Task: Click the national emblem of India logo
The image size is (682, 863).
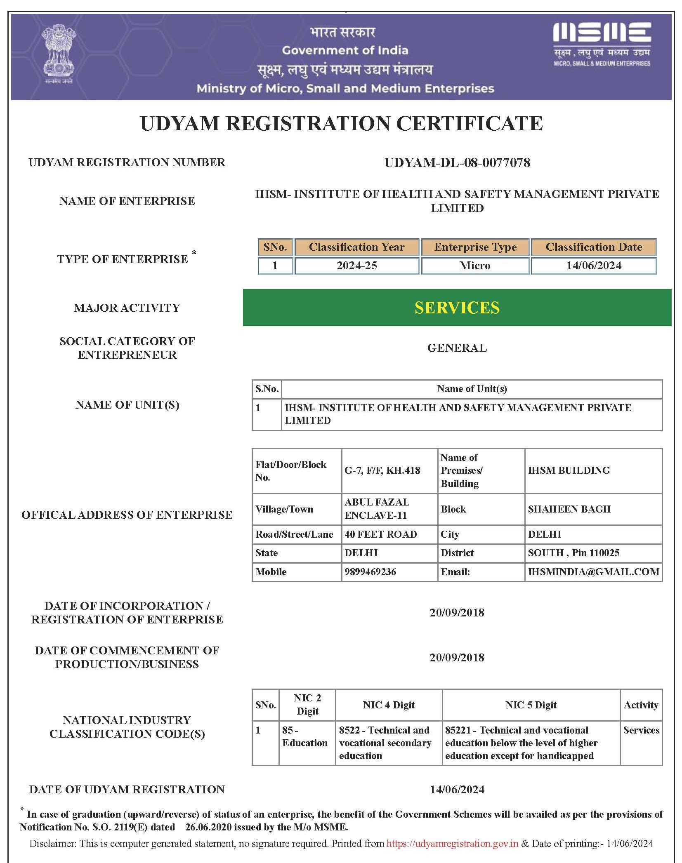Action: pyautogui.click(x=59, y=54)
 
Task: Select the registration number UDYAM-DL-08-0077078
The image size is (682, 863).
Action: pyautogui.click(x=457, y=162)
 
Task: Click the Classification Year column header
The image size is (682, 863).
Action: pyautogui.click(x=357, y=247)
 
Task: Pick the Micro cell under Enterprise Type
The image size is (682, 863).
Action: pyautogui.click(x=475, y=266)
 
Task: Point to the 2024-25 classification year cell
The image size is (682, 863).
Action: pyautogui.click(x=357, y=266)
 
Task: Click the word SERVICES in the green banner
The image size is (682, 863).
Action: pyautogui.click(x=457, y=308)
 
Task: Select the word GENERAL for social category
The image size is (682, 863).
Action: pyautogui.click(x=457, y=348)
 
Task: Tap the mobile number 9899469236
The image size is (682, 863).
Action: pyautogui.click(x=370, y=572)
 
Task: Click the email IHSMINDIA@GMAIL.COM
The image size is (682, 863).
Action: pyautogui.click(x=593, y=572)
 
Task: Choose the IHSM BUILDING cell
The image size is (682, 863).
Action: pyautogui.click(x=569, y=470)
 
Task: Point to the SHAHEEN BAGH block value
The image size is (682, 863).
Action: pyautogui.click(x=569, y=509)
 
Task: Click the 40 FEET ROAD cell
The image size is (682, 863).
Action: pyautogui.click(x=380, y=534)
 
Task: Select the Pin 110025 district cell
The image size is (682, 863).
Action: pyautogui.click(x=573, y=553)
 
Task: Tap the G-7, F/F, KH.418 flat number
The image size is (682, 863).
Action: pyautogui.click(x=382, y=470)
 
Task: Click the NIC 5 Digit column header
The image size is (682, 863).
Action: pyautogui.click(x=531, y=705)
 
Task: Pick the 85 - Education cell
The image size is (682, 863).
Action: pyautogui.click(x=305, y=736)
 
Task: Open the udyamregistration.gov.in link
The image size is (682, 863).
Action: pyautogui.click(x=452, y=844)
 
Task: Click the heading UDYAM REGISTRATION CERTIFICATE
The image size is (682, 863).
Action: pyautogui.click(x=341, y=124)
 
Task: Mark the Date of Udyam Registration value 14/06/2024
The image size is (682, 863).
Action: pyautogui.click(x=457, y=790)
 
